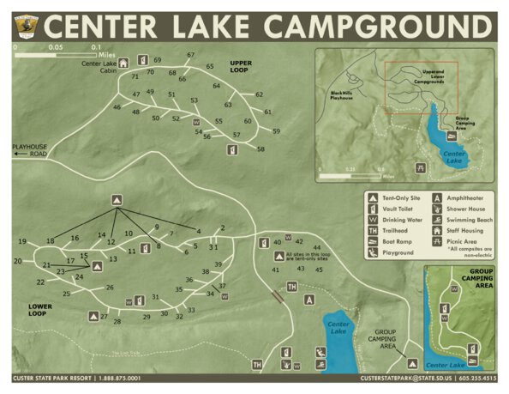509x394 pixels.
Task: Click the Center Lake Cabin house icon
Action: [123, 62]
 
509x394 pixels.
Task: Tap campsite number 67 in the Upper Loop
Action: [191, 56]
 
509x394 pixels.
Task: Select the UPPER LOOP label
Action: [245, 65]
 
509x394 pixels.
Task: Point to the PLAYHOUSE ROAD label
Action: [29, 151]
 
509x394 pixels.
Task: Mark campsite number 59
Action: [276, 131]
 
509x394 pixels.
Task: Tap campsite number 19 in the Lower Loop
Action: [21, 241]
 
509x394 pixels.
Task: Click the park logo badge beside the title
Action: [22, 27]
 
